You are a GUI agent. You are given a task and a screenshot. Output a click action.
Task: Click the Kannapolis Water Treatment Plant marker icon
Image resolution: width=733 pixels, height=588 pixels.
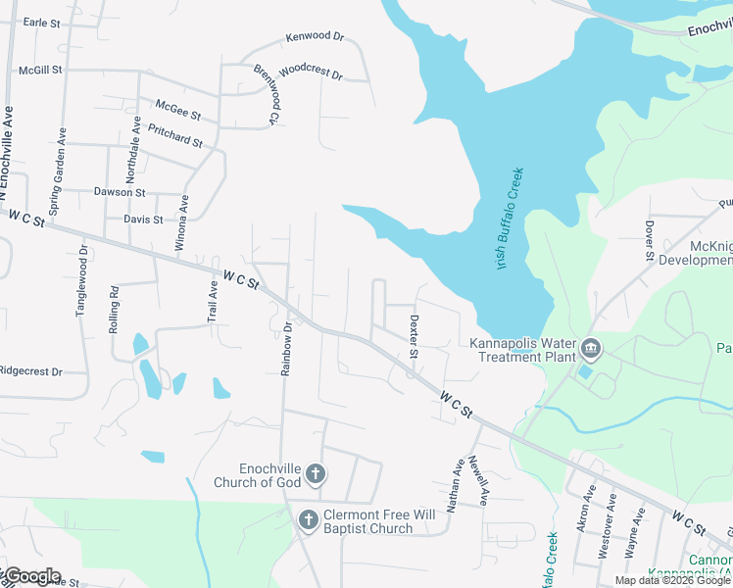click(x=590, y=348)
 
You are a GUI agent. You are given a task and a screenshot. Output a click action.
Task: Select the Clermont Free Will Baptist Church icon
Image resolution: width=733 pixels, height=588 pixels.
click(x=308, y=519)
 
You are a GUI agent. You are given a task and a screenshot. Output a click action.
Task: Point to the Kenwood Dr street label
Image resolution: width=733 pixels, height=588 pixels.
click(x=315, y=37)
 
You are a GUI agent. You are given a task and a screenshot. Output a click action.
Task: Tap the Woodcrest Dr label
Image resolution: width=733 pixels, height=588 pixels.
click(x=310, y=73)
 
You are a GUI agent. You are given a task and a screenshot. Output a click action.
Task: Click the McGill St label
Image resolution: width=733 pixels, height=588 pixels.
click(x=40, y=70)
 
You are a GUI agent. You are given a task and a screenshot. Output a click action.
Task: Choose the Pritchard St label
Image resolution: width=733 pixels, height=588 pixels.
click(x=174, y=135)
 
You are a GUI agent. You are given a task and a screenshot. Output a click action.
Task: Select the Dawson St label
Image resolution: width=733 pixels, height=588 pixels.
click(x=119, y=192)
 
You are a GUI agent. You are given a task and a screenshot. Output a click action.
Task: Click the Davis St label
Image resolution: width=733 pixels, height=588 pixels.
click(x=143, y=220)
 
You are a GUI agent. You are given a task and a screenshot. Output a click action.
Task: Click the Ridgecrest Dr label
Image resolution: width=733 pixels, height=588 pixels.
click(x=30, y=372)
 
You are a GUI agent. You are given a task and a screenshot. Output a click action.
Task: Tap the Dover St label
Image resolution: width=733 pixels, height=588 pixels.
click(x=649, y=240)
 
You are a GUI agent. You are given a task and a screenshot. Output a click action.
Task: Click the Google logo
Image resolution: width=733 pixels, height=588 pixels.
click(x=31, y=576)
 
